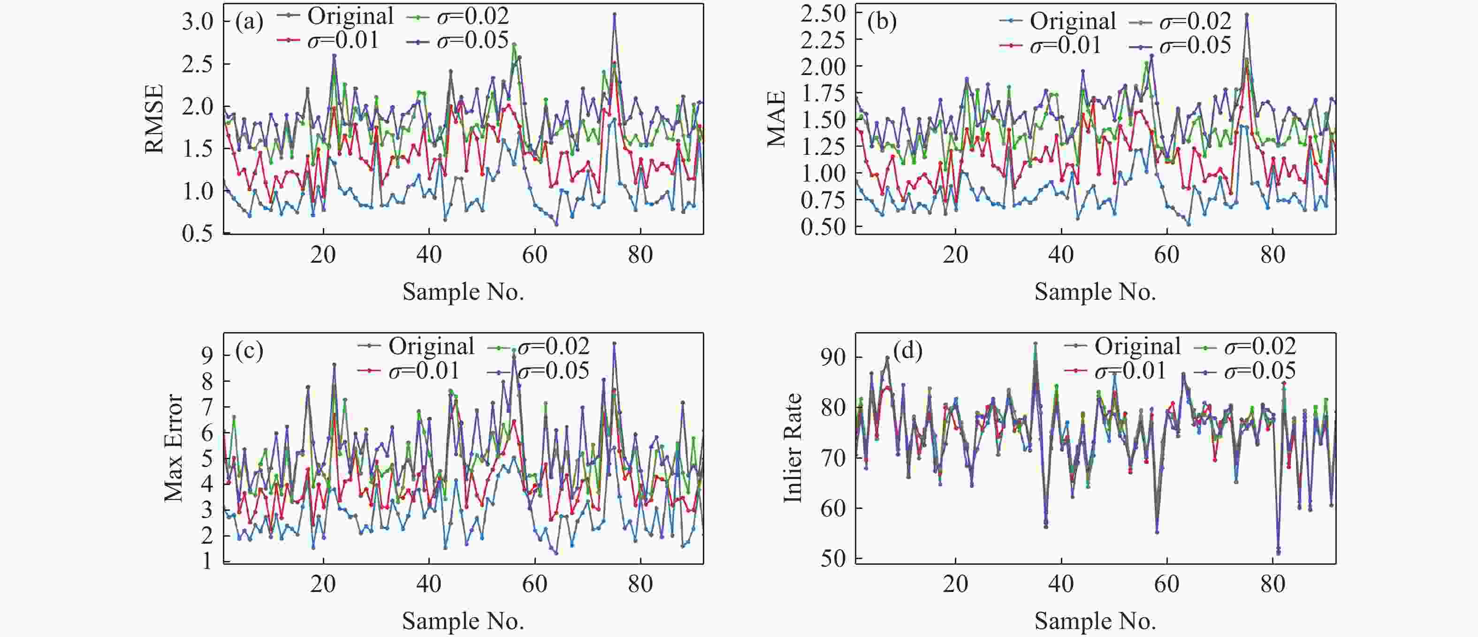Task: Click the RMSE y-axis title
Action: (x=154, y=119)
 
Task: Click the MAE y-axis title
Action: (x=776, y=119)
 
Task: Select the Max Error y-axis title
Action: (x=173, y=448)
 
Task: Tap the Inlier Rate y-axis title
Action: (x=793, y=448)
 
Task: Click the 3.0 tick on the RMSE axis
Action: (x=198, y=22)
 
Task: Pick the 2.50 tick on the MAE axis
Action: (x=823, y=13)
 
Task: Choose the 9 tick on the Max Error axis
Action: (x=206, y=355)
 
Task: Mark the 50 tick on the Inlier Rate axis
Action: (x=833, y=559)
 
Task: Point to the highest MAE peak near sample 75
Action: (x=1246, y=15)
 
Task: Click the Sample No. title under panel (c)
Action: (x=463, y=621)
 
